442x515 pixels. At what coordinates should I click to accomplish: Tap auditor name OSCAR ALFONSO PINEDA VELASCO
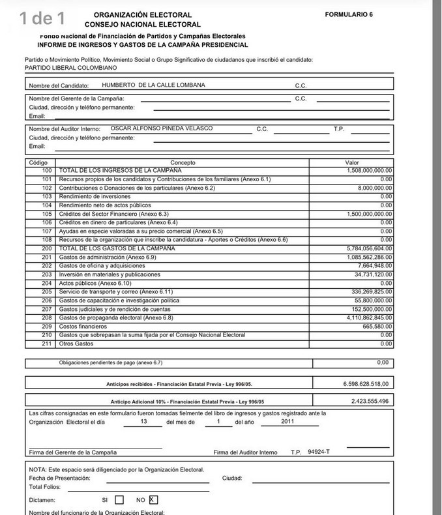click(162, 128)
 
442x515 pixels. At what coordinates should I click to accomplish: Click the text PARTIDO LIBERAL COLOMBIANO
click(66, 67)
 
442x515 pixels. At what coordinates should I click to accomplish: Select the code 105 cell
click(46, 214)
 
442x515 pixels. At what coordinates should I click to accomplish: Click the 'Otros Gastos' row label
click(76, 344)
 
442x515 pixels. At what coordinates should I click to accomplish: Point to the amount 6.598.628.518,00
click(366, 384)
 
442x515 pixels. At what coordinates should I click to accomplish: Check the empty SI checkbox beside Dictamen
click(119, 500)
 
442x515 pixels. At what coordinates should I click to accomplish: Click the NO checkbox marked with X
click(153, 500)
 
